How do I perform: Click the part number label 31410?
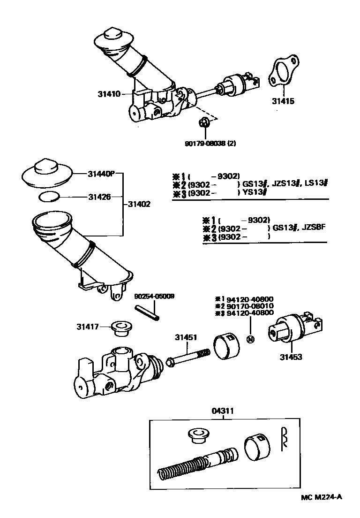pyautogui.click(x=109, y=94)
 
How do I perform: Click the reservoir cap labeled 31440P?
pyautogui.click(x=46, y=174)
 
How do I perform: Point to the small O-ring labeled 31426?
pyautogui.click(x=49, y=197)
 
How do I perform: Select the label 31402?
pyautogui.click(x=139, y=204)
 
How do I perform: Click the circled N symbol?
pyautogui.click(x=250, y=339)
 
